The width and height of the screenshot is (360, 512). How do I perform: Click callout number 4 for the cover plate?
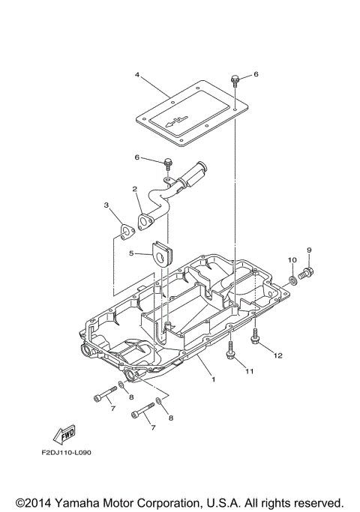coord(138,74)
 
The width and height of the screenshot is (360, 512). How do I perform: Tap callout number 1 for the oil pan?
coord(213,379)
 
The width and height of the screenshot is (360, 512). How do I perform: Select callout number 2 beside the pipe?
coord(134,189)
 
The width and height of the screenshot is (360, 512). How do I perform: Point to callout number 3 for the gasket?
coord(106,205)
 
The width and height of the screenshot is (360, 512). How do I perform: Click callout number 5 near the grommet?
coord(131,253)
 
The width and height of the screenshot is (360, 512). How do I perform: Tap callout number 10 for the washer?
coord(292,259)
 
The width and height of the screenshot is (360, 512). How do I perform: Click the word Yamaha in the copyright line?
coord(84,502)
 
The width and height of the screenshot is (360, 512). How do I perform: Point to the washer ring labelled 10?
coord(292,281)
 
